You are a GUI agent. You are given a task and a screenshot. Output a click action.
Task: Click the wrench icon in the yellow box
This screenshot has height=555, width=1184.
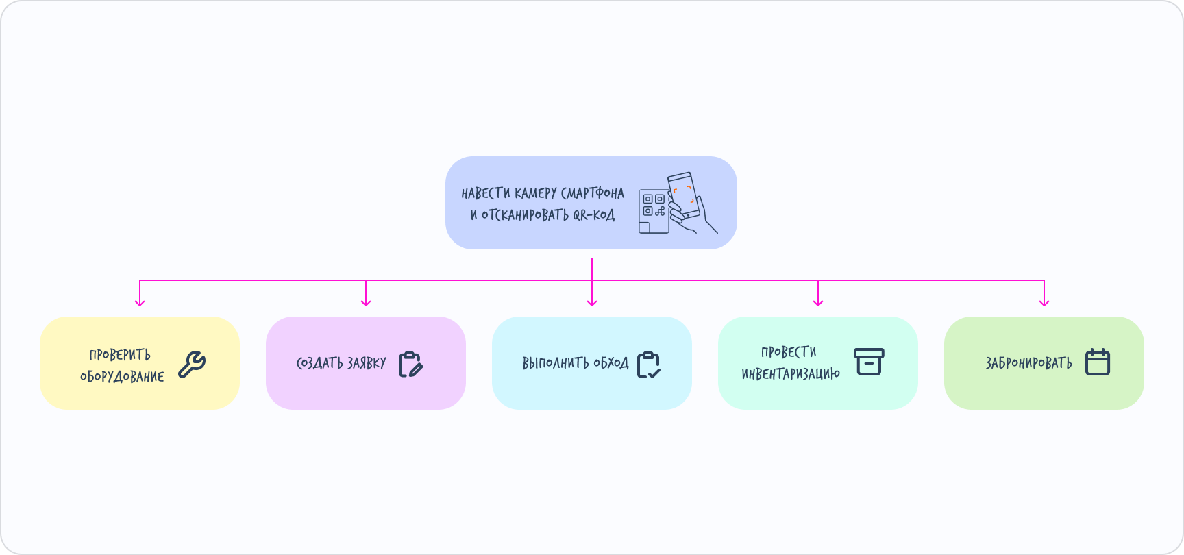pyautogui.click(x=192, y=365)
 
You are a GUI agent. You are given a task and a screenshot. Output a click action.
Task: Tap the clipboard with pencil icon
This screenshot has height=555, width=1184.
pyautogui.click(x=410, y=364)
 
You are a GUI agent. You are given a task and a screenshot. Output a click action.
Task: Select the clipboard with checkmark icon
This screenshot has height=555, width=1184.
pyautogui.click(x=648, y=365)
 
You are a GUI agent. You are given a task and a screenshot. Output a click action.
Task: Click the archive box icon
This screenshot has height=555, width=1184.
pyautogui.click(x=869, y=362)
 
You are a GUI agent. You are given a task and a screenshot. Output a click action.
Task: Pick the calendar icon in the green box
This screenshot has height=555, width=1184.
pyautogui.click(x=1098, y=362)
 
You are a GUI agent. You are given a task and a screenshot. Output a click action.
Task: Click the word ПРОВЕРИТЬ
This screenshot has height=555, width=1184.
pyautogui.click(x=120, y=354)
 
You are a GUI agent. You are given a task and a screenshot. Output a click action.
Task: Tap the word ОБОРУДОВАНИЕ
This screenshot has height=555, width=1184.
pyautogui.click(x=122, y=376)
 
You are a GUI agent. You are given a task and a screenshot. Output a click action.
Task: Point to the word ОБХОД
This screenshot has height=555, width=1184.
pyautogui.click(x=610, y=363)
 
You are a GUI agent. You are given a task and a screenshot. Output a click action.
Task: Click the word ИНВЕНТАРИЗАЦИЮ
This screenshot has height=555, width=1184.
pyautogui.click(x=791, y=373)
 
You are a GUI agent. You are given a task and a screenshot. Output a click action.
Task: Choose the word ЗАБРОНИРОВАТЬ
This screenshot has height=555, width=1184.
pyautogui.click(x=1028, y=363)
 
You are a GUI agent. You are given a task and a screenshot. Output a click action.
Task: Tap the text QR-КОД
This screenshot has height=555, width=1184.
pyautogui.click(x=593, y=215)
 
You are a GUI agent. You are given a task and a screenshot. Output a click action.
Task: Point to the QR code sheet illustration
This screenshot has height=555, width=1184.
pyautogui.click(x=653, y=211)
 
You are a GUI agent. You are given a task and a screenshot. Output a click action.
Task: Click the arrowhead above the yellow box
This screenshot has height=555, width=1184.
pyautogui.click(x=140, y=301)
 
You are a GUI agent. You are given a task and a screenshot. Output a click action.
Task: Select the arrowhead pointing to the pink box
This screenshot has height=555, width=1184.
pyautogui.click(x=366, y=301)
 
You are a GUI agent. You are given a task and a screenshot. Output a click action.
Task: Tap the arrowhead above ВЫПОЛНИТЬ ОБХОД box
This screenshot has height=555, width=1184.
pyautogui.click(x=592, y=301)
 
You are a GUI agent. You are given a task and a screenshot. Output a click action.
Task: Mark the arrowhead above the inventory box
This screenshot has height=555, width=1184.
pyautogui.click(x=818, y=301)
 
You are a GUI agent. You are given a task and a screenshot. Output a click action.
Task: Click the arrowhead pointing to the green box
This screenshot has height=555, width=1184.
pyautogui.click(x=1044, y=301)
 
